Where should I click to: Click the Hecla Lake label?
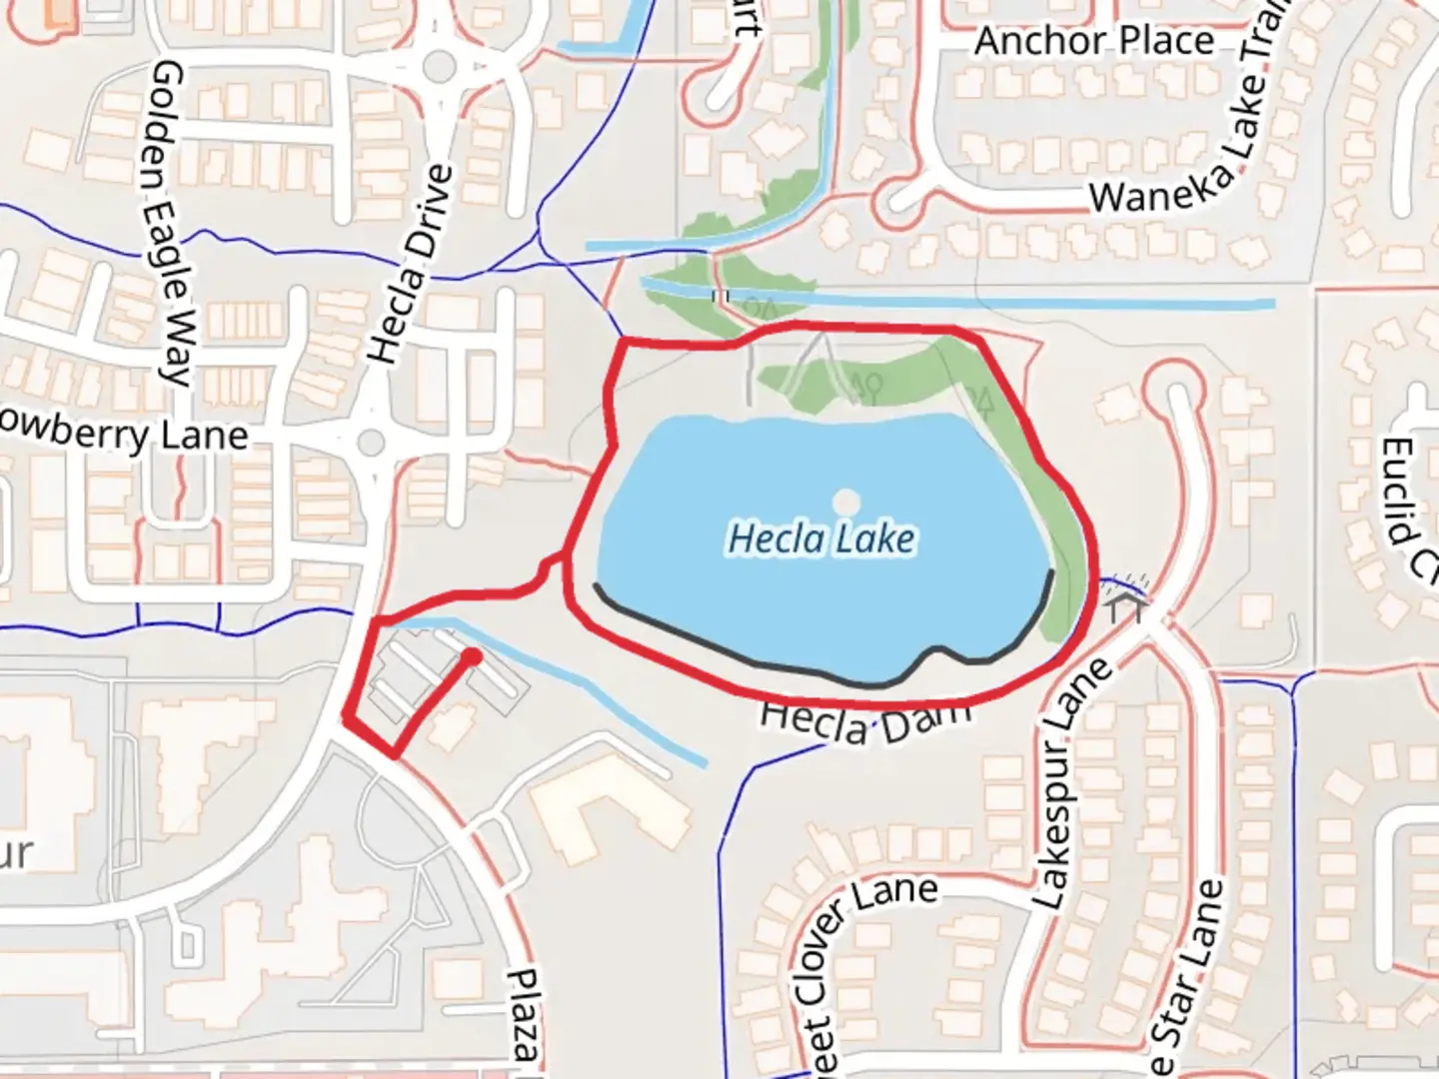[x=821, y=539]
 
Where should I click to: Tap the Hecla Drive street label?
[x=411, y=265]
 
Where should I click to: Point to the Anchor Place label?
[x=1093, y=41]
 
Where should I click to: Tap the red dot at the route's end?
[x=471, y=656]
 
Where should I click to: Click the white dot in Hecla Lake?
[x=846, y=501]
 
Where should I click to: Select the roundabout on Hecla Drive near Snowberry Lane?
[x=372, y=442]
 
